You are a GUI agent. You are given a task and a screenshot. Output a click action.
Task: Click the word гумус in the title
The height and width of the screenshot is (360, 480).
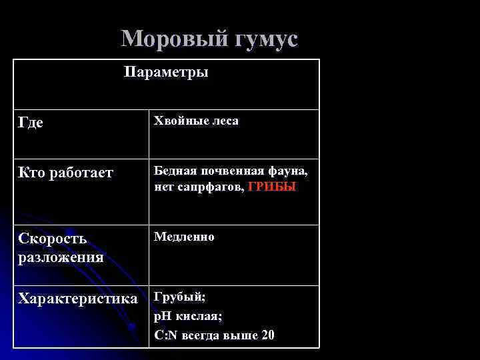click(265, 39)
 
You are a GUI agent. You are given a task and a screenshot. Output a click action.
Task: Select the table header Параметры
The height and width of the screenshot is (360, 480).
click(166, 72)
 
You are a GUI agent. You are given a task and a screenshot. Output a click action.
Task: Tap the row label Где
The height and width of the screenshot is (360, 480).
click(30, 123)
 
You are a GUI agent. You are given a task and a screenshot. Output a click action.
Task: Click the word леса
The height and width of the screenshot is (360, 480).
click(222, 121)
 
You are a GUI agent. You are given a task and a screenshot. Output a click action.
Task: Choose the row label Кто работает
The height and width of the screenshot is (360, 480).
click(66, 173)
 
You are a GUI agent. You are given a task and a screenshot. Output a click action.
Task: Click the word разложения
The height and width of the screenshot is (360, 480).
click(61, 257)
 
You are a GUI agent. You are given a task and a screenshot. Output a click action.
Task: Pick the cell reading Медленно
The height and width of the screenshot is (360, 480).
click(184, 237)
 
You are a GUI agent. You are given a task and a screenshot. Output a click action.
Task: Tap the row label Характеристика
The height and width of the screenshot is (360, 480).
click(78, 298)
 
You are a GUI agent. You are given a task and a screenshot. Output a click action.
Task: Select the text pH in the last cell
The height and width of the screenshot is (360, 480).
click(162, 316)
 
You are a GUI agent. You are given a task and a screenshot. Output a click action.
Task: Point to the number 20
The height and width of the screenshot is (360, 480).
click(268, 335)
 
